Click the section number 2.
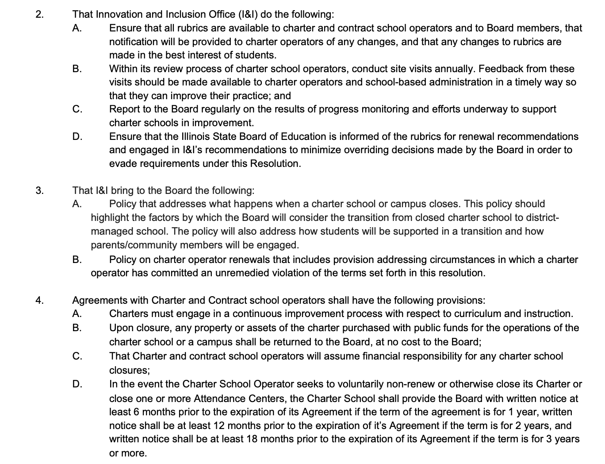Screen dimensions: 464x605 (x=39, y=14)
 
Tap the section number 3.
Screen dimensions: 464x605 (x=39, y=190)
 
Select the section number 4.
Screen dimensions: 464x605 (x=39, y=300)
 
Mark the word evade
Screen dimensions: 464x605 (x=122, y=163)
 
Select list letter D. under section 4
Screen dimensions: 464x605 (x=77, y=384)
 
